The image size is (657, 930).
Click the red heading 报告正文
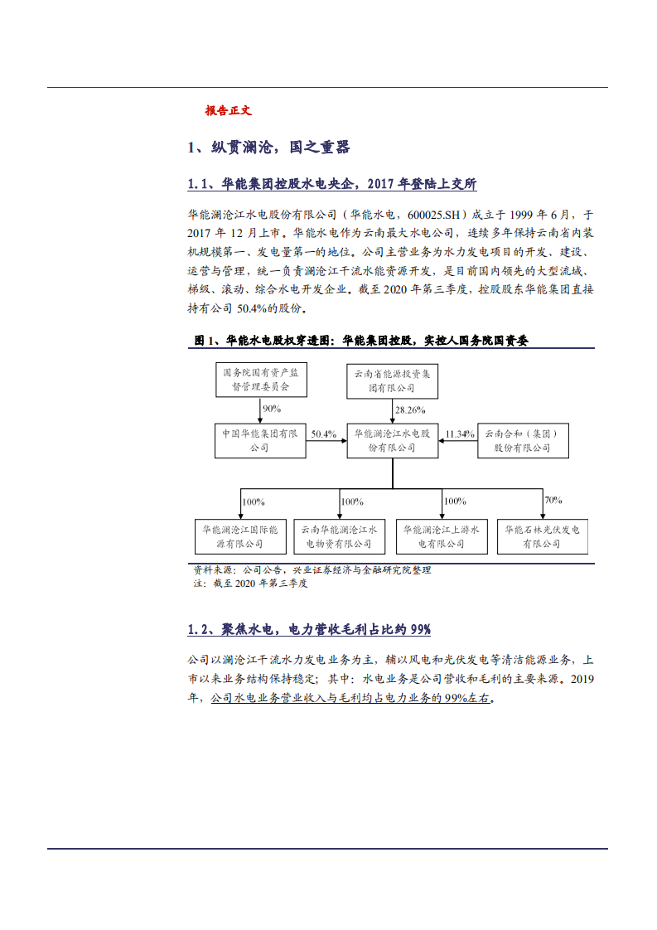click(228, 110)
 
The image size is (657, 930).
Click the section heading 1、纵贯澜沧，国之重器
click(268, 148)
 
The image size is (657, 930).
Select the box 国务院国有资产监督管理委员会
click(261, 380)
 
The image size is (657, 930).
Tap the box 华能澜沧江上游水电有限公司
click(442, 535)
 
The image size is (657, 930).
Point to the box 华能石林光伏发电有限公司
click(542, 535)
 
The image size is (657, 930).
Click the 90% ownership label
click(272, 409)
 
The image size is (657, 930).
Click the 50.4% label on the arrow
click(323, 434)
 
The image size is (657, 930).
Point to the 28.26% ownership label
click(410, 409)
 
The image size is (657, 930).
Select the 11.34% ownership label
click(460, 434)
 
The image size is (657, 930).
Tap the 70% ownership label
click(553, 500)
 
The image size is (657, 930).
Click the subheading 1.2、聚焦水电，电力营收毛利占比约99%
click(309, 630)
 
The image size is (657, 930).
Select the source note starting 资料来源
click(312, 570)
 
